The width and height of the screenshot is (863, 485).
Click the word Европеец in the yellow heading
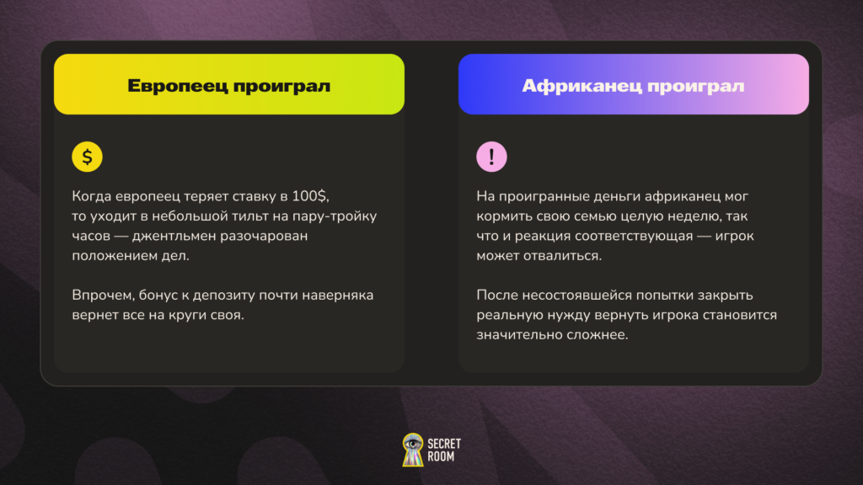pos(177,87)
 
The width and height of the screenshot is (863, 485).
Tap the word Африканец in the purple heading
pos(582,87)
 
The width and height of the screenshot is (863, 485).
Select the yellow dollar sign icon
pos(87,157)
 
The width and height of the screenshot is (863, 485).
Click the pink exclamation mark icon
pos(491,157)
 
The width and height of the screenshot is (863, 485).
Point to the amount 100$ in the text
pos(310,196)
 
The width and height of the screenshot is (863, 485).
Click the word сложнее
pos(599,335)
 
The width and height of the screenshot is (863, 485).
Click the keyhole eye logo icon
pos(413,450)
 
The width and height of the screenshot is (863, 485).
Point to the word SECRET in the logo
pos(444,444)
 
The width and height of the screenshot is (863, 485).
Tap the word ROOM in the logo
pos(441,456)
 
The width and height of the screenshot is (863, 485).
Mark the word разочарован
pos(264,237)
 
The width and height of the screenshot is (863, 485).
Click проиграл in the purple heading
pos(695,87)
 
